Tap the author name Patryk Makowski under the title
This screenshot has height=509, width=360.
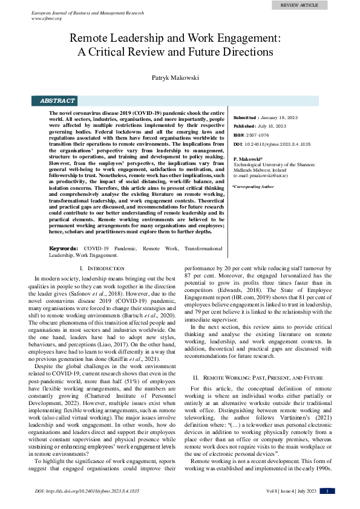[180, 77]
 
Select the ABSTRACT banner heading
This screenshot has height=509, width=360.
[57, 101]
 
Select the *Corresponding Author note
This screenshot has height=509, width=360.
[254, 187]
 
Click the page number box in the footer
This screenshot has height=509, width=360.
[327, 492]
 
